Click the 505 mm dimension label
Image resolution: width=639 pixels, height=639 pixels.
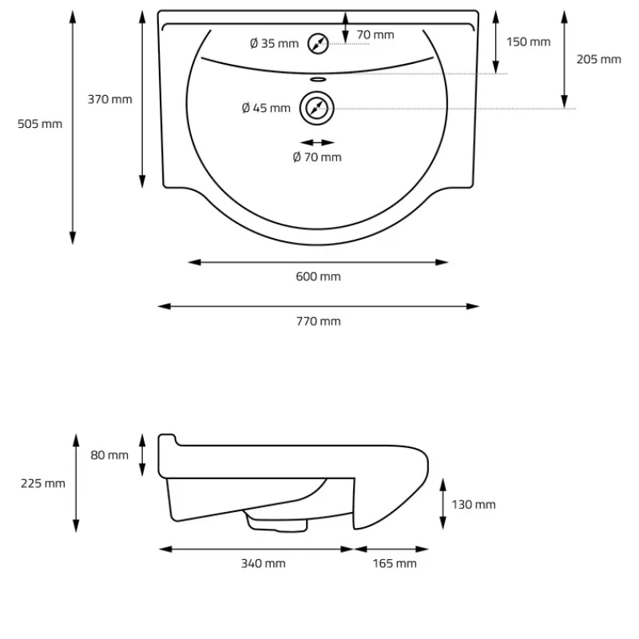coord(40,124)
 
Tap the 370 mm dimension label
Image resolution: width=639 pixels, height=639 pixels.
coord(109,99)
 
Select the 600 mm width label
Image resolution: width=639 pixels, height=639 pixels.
coord(319,276)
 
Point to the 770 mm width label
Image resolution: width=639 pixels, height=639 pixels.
coord(319,321)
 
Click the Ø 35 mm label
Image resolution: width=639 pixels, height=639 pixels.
coord(274,43)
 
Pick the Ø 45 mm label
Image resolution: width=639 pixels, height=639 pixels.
coord(266,108)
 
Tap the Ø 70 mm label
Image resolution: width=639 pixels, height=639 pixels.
coord(317,157)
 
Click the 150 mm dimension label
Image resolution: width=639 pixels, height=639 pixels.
coord(528,42)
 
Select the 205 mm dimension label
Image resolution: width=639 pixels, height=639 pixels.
coord(598,59)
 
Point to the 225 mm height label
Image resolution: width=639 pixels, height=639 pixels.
coord(43,483)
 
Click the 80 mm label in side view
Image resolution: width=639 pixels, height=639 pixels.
coord(109,455)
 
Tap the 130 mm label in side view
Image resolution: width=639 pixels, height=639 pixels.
coord(474,504)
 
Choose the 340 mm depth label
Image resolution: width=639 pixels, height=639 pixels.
coord(263,564)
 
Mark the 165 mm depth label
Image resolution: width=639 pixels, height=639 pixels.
coord(395,564)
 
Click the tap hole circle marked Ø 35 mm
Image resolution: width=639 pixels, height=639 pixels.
coord(318,44)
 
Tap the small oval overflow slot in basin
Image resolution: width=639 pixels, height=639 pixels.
coord(317,79)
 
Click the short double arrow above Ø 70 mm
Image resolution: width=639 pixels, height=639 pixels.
coord(317,142)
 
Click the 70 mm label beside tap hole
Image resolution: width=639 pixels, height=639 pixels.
coord(375,34)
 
